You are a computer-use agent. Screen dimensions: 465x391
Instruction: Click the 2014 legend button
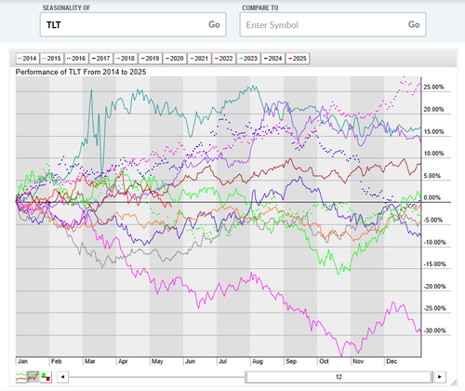[x=27, y=59]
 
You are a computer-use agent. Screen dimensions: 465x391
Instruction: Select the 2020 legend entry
[x=175, y=59]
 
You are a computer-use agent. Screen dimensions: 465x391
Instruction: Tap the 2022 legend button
[x=224, y=59]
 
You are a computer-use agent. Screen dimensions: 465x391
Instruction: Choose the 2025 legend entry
[x=298, y=59]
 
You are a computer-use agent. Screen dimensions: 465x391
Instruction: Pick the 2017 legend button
[x=101, y=59]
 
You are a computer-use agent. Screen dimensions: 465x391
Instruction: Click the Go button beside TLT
[x=214, y=24]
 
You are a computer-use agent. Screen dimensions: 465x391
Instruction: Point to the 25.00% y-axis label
[x=433, y=87]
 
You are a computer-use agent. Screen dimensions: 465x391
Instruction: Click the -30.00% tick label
[x=434, y=330]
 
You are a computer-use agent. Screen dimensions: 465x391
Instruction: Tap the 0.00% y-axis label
[x=432, y=197]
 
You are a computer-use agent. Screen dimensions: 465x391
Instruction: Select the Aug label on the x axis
[x=258, y=361]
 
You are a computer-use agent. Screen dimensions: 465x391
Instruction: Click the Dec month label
[x=392, y=361]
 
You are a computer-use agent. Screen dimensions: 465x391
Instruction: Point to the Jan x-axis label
[x=22, y=361]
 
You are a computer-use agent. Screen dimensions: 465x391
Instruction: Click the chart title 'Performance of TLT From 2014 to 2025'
[x=81, y=72]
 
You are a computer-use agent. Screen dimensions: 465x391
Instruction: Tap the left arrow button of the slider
[x=63, y=377]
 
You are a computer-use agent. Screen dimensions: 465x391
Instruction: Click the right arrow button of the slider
[x=440, y=377]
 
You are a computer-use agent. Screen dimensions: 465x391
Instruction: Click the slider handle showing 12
[x=339, y=377]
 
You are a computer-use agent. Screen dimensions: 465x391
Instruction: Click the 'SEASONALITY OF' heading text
[x=66, y=7]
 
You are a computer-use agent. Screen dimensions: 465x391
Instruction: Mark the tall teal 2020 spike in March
[x=91, y=90]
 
